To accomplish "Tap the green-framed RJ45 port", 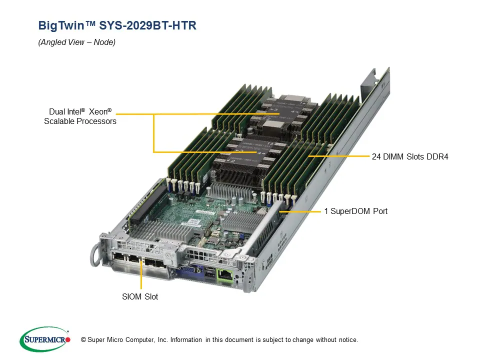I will (225, 274).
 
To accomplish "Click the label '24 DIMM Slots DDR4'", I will (410, 156).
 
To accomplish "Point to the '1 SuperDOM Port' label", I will (355, 211).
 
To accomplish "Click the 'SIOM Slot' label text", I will (140, 296).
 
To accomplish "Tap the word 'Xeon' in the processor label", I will (100, 112).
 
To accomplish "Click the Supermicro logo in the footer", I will (45, 339).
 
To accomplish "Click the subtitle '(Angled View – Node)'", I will (77, 42).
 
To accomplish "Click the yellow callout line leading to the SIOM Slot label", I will (141, 277).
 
